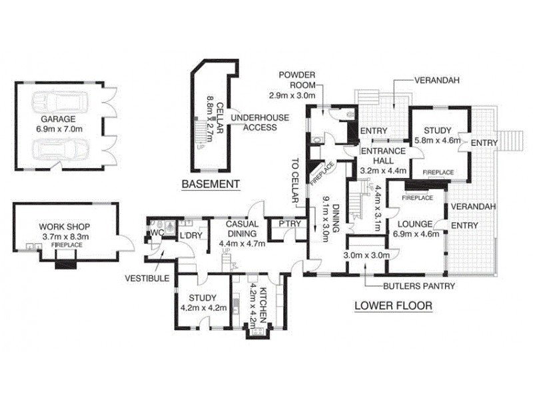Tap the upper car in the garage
point(61,103)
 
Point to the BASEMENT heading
point(210,184)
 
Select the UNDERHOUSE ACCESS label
point(254,123)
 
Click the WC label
point(157,232)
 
